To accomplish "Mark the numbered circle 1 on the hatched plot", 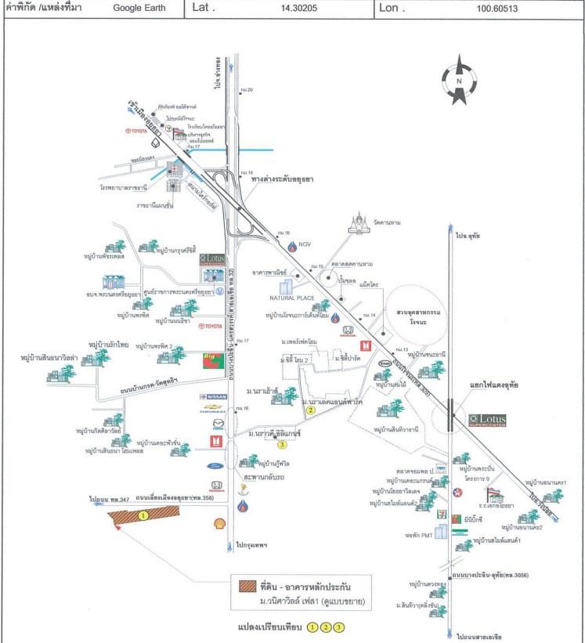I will (x=143, y=515).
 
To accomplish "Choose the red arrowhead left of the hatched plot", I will (x=116, y=529).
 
